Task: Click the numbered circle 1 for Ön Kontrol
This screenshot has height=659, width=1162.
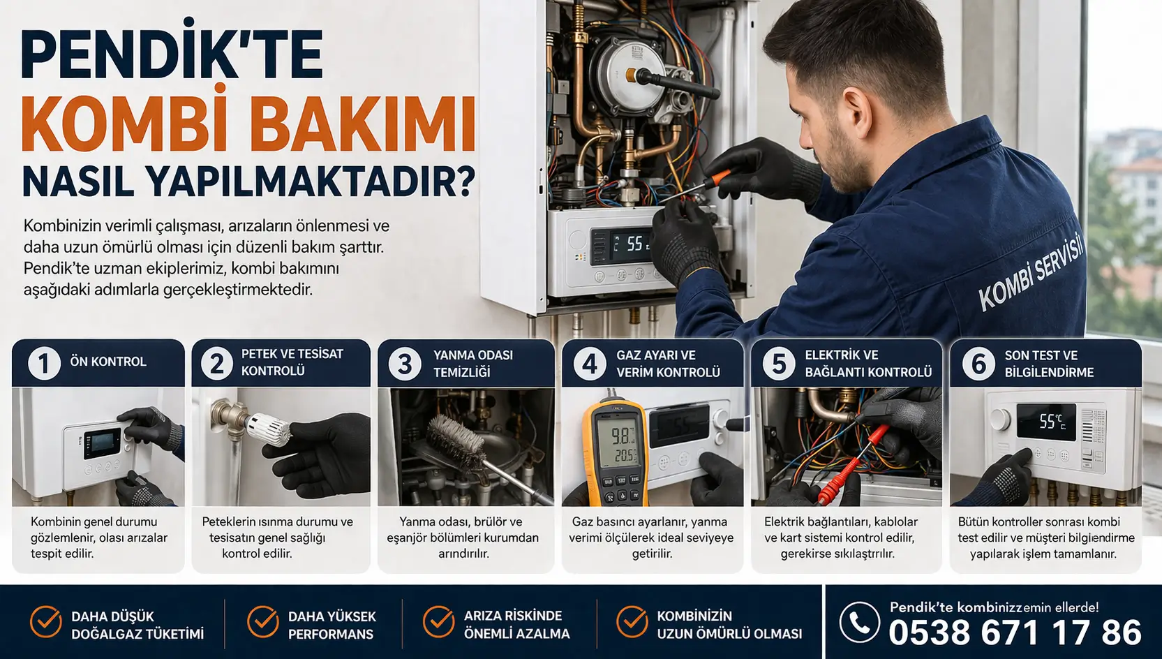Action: [43, 363]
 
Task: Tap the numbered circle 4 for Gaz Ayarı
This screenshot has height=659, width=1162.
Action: [589, 363]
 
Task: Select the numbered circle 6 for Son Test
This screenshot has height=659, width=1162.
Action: [978, 363]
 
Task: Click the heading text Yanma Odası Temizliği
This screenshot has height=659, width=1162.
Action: [473, 363]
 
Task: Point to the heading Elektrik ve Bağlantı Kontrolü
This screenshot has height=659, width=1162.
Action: [868, 363]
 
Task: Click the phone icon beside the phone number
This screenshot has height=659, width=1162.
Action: [860, 622]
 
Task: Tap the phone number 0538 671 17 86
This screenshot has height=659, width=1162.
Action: [1015, 632]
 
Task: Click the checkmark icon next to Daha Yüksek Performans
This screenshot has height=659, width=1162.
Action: [263, 621]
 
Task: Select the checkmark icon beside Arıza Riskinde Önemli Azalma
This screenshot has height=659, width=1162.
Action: [439, 621]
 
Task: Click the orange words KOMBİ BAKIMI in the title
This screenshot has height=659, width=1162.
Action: [248, 123]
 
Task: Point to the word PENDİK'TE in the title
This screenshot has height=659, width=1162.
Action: [172, 54]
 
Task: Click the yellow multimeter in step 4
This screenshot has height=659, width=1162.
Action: [616, 452]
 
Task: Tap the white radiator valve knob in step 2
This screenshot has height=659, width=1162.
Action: [268, 429]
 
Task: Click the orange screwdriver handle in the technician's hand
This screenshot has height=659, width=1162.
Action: [722, 177]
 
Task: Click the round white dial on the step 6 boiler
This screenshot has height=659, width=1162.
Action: [1000, 420]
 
